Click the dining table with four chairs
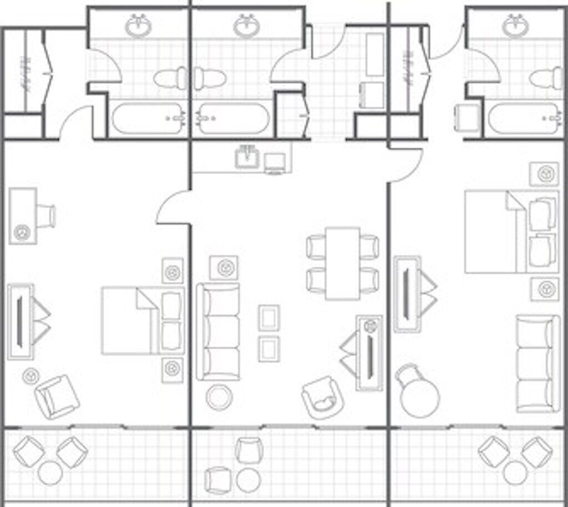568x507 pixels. click(x=342, y=262)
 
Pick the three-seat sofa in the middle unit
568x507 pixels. click(x=218, y=331)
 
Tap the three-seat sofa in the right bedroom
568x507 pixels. click(x=537, y=363)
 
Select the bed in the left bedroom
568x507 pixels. click(x=142, y=321)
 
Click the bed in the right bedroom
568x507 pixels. click(x=510, y=231)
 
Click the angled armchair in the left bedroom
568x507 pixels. click(x=57, y=396)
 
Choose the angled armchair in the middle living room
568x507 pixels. click(x=322, y=398)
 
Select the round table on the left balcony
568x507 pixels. click(x=50, y=473)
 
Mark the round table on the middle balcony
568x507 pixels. click(x=248, y=479)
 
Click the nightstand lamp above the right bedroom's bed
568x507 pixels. click(x=544, y=174)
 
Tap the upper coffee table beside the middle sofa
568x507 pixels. click(x=269, y=318)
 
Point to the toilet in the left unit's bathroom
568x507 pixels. click(x=170, y=78)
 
